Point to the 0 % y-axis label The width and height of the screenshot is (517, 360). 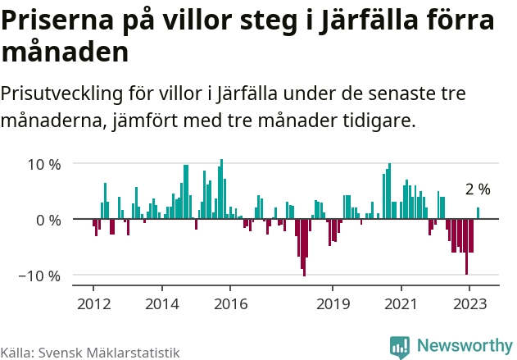pyautogui.click(x=48, y=220)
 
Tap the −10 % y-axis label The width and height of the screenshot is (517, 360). pyautogui.click(x=40, y=276)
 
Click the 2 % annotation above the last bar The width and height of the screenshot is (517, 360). pyautogui.click(x=478, y=189)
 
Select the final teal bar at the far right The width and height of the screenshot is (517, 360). pyautogui.click(x=478, y=213)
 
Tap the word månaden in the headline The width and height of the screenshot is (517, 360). pyautogui.click(x=65, y=53)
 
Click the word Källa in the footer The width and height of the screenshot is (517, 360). pyautogui.click(x=16, y=353)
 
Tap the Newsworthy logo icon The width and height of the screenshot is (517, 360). pyautogui.click(x=400, y=347)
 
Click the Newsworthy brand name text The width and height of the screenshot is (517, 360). pyautogui.click(x=464, y=346)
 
